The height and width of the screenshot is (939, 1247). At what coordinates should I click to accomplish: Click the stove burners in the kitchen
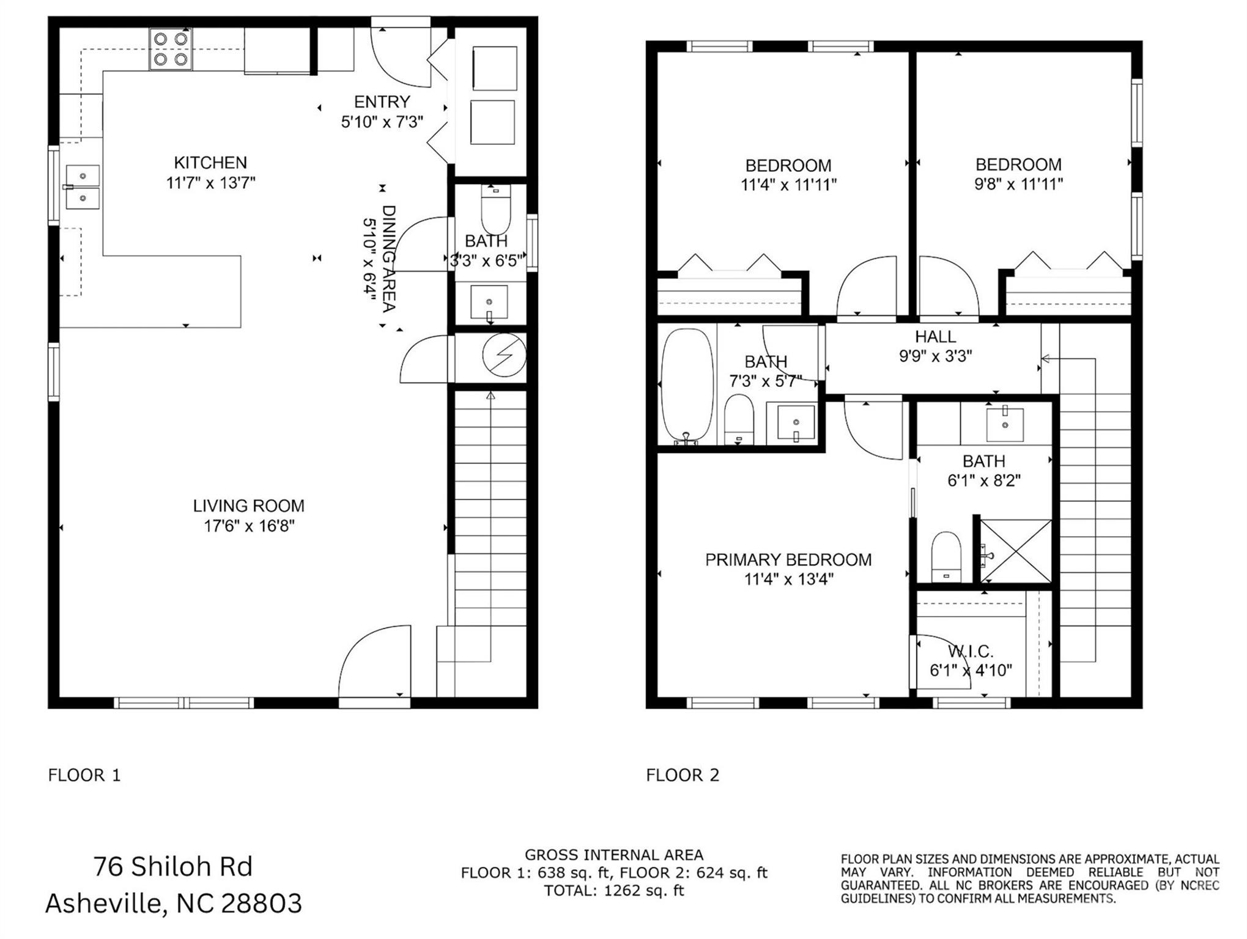pos(171,49)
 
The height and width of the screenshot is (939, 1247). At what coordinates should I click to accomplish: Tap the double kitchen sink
pos(83,186)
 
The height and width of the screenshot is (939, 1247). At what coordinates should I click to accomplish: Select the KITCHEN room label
pos(210,163)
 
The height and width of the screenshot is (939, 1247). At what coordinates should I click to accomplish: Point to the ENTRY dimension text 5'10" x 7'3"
pos(382,122)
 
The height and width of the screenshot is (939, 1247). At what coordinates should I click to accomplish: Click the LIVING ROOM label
pos(248,506)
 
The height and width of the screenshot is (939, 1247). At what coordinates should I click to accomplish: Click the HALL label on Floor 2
pos(935,337)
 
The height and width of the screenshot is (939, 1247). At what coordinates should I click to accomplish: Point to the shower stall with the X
pos(1016,551)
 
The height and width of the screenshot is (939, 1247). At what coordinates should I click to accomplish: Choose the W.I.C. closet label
pos(971,652)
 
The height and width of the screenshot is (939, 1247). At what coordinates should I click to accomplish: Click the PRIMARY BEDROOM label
pos(788,560)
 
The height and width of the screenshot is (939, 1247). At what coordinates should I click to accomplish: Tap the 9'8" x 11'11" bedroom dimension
pos(1018,184)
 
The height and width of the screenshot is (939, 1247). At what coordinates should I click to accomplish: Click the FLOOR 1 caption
pos(84,775)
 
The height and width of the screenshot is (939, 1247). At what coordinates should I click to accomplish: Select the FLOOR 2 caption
pos(683,775)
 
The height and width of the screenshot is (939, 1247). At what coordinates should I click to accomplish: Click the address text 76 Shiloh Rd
pos(173,867)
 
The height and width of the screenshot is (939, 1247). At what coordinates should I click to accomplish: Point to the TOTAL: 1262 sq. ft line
pos(614,891)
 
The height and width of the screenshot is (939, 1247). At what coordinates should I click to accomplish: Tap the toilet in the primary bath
pos(946,557)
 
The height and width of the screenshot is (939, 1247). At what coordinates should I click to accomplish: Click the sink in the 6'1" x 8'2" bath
pos(1005,424)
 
